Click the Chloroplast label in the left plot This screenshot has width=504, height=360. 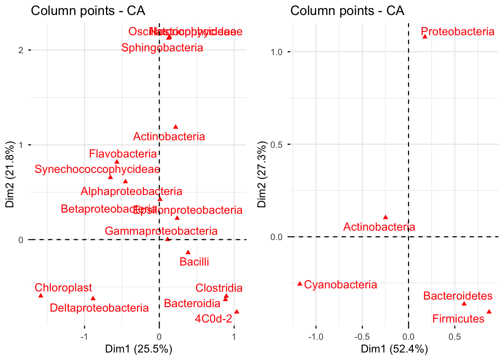[x=63, y=288]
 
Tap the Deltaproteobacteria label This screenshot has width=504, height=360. [x=99, y=308]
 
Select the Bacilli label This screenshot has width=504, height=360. [x=194, y=261]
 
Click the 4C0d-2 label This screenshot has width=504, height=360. [x=213, y=319]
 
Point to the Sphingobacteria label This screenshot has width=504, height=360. [x=162, y=48]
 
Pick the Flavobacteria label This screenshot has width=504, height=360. [x=123, y=154]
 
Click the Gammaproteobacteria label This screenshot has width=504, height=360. [x=161, y=231]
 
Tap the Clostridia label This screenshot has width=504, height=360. [x=219, y=288]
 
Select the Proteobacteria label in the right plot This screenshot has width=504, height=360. [x=457, y=31]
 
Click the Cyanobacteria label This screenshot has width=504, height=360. [x=340, y=285]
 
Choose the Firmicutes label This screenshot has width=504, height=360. [x=458, y=319]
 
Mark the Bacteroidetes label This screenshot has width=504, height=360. [x=457, y=296]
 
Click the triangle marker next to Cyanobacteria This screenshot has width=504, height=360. [x=300, y=283]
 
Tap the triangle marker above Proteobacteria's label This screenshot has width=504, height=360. [x=424, y=36]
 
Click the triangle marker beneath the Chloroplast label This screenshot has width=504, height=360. [x=41, y=295]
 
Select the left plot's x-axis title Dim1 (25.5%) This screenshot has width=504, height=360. [x=138, y=349]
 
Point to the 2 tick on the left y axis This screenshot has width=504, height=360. [x=21, y=50]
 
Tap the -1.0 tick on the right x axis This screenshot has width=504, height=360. [x=315, y=337]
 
